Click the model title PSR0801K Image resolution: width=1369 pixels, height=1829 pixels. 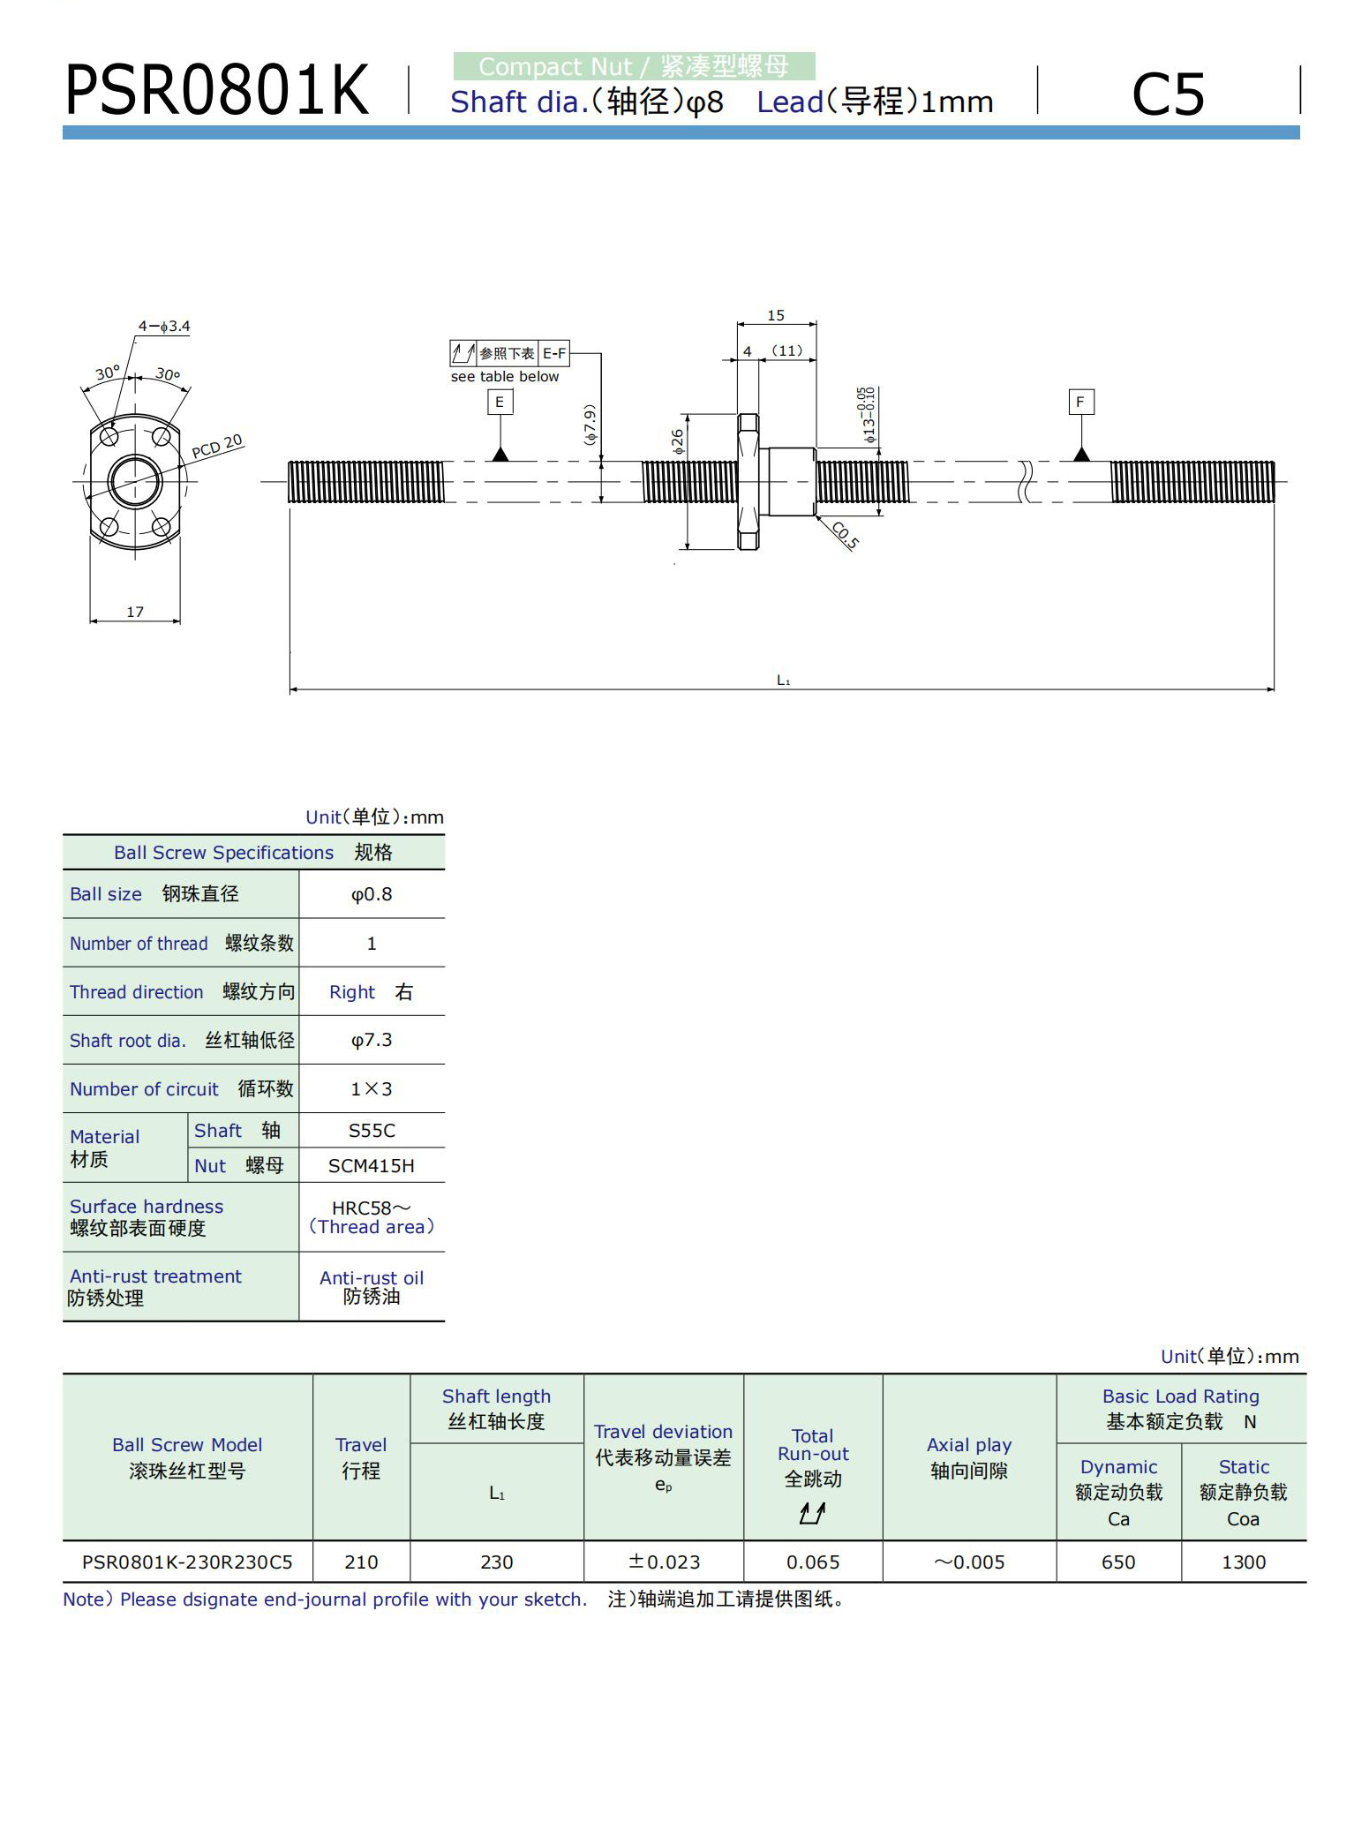(216, 90)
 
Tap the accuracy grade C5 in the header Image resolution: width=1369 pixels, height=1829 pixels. (1167, 94)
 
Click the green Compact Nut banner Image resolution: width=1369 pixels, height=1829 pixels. (634, 66)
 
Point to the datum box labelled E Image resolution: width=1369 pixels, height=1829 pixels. (500, 403)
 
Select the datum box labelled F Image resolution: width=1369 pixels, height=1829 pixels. (1080, 403)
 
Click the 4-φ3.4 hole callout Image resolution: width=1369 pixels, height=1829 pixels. (164, 327)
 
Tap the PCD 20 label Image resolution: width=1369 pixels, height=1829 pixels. (216, 447)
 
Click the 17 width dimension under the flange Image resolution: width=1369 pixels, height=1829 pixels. (135, 612)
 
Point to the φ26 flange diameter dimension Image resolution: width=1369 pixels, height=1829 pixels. (677, 441)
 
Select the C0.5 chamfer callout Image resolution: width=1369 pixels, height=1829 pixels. (845, 535)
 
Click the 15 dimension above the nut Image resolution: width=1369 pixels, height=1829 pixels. (776, 315)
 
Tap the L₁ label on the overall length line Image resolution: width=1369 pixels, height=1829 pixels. (783, 680)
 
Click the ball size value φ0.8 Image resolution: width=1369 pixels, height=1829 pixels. (372, 894)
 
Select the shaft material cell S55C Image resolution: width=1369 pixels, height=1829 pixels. (372, 1131)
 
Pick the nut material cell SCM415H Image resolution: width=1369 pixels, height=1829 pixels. (372, 1166)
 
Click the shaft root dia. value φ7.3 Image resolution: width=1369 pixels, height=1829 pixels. (372, 1041)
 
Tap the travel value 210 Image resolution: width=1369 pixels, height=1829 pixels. (361, 1562)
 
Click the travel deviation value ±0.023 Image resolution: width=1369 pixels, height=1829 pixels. (664, 1562)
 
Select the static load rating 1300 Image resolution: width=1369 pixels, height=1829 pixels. (1244, 1562)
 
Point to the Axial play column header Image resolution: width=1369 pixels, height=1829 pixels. (969, 1457)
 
